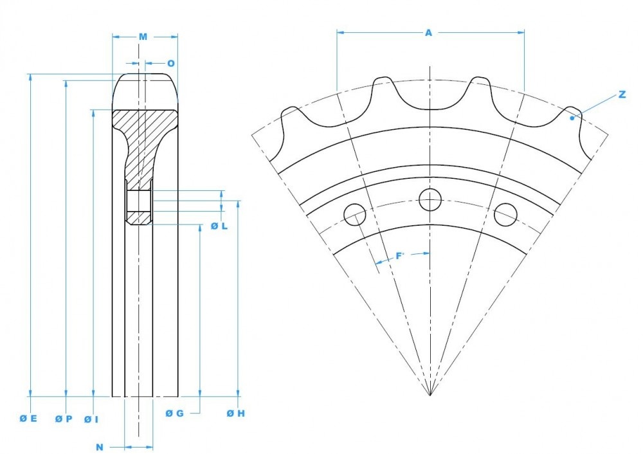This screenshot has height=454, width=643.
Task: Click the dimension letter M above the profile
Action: coord(143,37)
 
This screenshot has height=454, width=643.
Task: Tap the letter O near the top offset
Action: coord(170,63)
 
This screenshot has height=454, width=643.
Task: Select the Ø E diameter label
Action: coord(28,419)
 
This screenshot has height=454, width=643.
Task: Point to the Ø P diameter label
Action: coord(64,419)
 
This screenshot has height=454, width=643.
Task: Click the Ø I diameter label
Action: coord(91,419)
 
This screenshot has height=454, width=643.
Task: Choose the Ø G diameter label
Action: coord(175,413)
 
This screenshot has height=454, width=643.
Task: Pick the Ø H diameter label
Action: coord(236,413)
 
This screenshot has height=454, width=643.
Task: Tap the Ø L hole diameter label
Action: coord(219,226)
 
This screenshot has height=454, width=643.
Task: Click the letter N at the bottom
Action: coord(100,446)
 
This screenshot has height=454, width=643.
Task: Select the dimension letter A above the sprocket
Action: coord(428,32)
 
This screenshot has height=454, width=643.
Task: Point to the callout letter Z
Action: coord(622,95)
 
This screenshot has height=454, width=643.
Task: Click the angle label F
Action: coord(399,256)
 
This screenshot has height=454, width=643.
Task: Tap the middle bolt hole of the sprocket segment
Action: coord(430,200)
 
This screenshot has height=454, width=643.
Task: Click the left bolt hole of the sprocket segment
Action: coord(355,215)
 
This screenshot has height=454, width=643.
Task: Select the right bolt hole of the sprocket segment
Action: coord(505,215)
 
